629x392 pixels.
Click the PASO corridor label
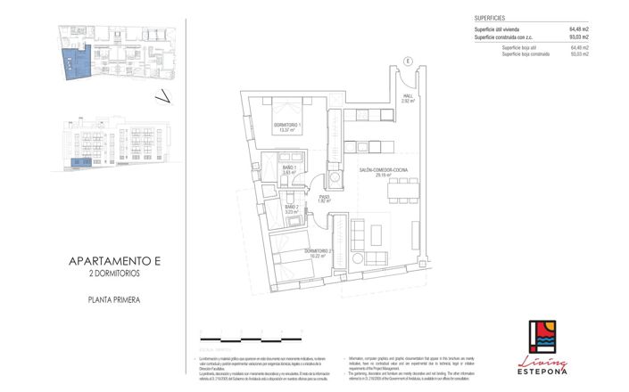[x=324, y=199]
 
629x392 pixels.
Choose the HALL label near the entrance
[x=407, y=100]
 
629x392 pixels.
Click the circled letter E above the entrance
[x=407, y=61]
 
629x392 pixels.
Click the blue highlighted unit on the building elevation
[x=79, y=163]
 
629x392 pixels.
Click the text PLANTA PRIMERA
[x=113, y=300]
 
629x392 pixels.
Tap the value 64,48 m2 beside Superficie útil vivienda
[x=579, y=29]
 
